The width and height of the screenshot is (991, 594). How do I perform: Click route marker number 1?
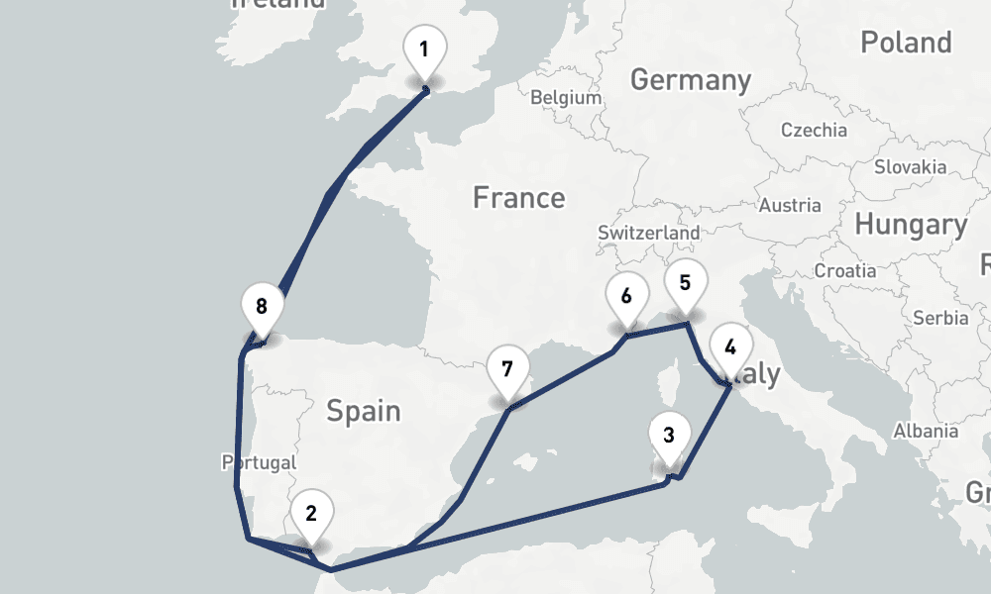pos(425,49)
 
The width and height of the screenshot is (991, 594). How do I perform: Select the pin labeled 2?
pos(311,513)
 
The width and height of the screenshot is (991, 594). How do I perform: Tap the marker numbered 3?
pos(669,435)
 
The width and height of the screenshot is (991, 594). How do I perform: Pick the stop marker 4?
pos(730,347)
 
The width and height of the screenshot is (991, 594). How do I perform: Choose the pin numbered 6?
pos(626,296)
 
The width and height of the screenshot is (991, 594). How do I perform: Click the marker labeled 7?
pos(507,370)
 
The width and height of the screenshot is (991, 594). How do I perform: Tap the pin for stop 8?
pos(262,306)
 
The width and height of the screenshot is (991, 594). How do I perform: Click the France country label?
pos(518,198)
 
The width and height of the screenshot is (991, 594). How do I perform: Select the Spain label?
pos(364,410)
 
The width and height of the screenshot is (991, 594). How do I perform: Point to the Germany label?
pos(690,79)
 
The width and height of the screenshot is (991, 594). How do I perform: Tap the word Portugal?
pos(260,462)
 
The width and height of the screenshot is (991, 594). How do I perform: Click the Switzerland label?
pos(648,233)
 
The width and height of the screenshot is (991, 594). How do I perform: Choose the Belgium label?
pos(566,98)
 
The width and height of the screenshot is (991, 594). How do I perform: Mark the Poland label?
pos(905,43)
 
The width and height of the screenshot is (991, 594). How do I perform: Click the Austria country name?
pos(789,206)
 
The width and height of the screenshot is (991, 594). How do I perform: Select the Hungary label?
pos(910,226)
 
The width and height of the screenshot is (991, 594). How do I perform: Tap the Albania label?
pos(925,431)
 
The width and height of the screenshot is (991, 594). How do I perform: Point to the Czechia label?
pos(814,130)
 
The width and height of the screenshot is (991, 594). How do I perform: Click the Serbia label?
pos(940,319)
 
